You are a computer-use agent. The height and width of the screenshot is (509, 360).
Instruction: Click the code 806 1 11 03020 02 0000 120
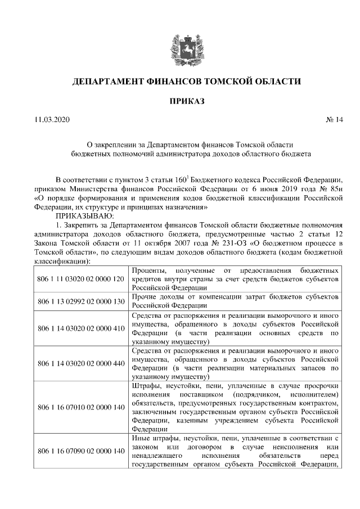pos(80,279)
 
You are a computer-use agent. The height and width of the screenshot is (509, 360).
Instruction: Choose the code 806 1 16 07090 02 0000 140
pos(80,451)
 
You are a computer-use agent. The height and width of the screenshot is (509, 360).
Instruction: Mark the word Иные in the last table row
pos(141,438)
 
